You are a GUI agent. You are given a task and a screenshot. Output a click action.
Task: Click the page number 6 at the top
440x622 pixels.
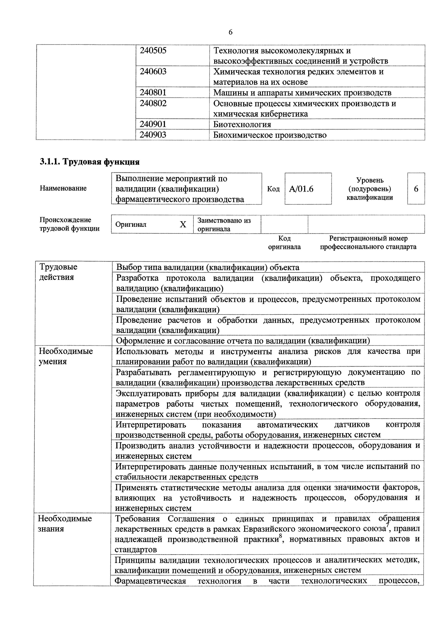click(230, 32)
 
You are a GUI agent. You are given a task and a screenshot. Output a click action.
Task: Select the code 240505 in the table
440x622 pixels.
click(153, 51)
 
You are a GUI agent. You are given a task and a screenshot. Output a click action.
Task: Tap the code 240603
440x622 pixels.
click(153, 72)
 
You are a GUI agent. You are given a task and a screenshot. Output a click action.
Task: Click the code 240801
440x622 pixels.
click(153, 93)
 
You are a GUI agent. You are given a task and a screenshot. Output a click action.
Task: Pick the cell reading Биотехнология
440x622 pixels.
click(242, 124)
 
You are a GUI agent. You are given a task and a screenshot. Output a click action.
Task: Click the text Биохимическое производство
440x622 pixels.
click(270, 135)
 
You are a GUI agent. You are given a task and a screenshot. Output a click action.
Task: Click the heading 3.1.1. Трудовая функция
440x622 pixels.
click(90, 162)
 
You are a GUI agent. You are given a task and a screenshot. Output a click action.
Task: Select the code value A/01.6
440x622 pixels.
click(301, 189)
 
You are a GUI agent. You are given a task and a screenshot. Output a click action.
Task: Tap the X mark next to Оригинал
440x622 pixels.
click(183, 224)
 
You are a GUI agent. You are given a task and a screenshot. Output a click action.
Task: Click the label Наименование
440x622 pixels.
click(63, 188)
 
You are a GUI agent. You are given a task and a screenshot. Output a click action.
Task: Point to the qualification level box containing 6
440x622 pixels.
click(416, 189)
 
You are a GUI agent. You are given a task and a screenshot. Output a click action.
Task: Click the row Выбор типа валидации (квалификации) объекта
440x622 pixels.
click(208, 267)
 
